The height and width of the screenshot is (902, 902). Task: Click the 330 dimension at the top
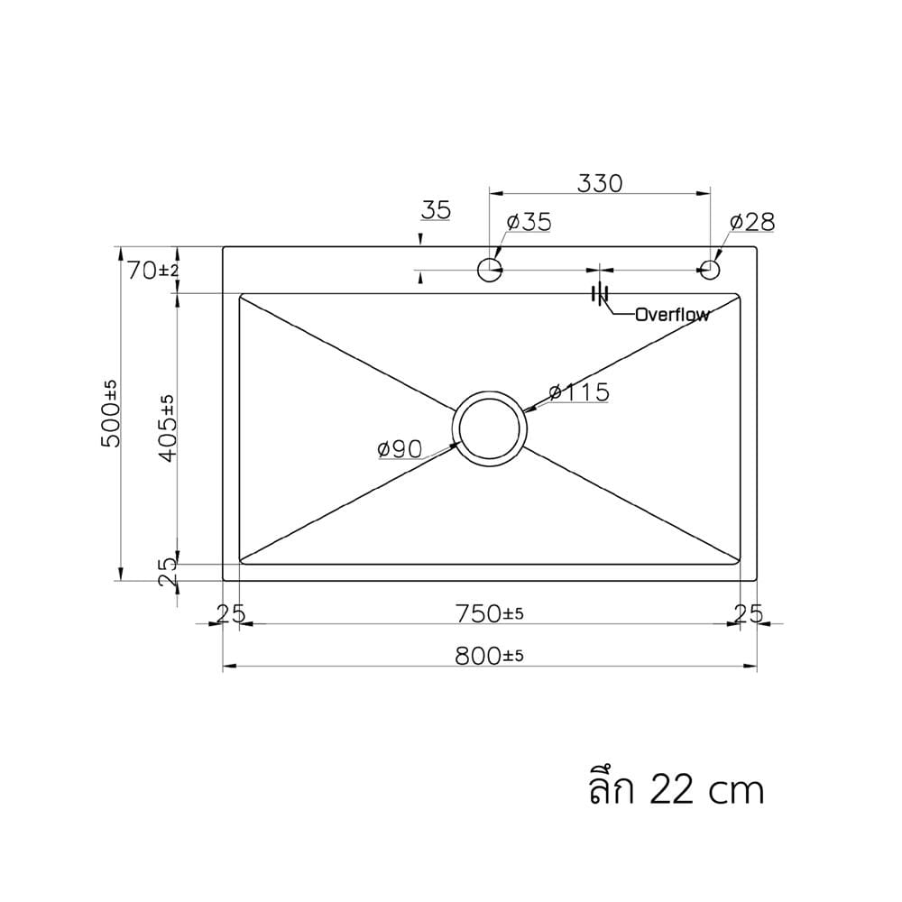(x=600, y=183)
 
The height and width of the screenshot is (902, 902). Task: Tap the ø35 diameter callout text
(x=529, y=222)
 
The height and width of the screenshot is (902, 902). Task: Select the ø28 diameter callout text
(x=752, y=222)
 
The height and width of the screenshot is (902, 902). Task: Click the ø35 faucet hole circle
(x=490, y=269)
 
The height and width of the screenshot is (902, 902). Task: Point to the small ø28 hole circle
(x=711, y=269)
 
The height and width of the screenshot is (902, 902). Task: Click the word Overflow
(x=673, y=315)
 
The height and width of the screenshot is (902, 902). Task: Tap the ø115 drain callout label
(x=579, y=392)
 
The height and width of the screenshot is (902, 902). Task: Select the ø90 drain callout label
(x=400, y=449)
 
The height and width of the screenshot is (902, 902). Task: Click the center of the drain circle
(x=490, y=428)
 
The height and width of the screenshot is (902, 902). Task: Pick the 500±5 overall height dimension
(x=110, y=413)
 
